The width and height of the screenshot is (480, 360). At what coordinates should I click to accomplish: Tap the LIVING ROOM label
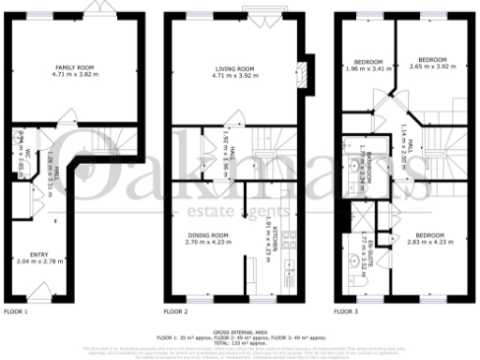coord(235,68)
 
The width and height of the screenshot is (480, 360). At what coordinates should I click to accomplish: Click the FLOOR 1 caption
coord(17,310)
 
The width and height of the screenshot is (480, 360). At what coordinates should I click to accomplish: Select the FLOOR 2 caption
coord(176,310)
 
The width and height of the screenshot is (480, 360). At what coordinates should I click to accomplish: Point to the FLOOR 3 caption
coord(348,310)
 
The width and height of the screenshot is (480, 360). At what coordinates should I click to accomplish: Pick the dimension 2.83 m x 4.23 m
coord(427,241)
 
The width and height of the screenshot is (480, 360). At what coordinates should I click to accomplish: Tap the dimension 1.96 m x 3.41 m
coord(366,68)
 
